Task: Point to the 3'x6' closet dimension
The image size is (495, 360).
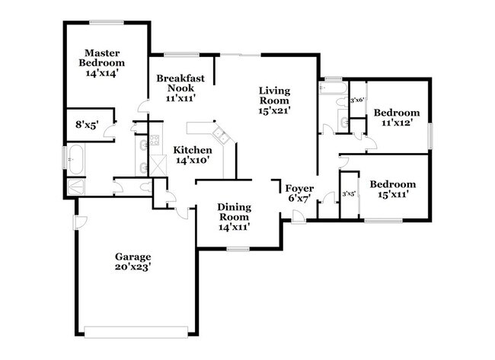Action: tap(356, 100)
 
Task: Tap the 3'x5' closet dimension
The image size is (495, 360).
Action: tap(349, 193)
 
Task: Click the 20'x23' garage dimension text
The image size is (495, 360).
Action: tap(133, 267)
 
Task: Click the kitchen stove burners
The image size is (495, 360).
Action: tap(153, 140)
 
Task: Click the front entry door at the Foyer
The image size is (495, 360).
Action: tap(299, 219)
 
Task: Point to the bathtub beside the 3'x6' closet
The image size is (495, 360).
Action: tap(332, 88)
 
